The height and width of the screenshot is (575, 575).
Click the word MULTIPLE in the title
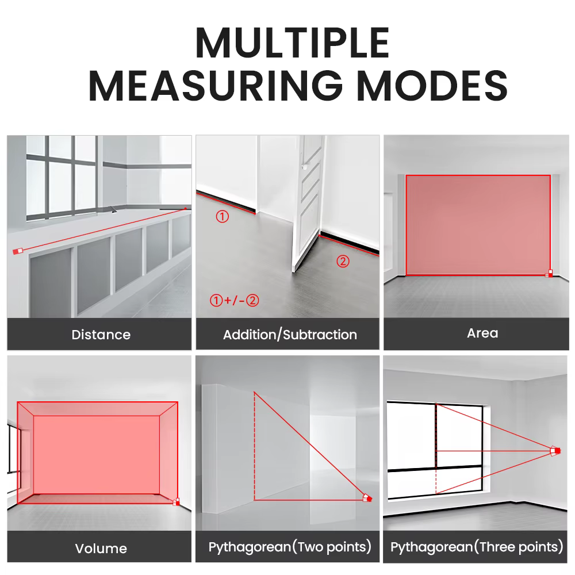click(x=292, y=43)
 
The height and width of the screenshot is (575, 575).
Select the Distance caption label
click(x=101, y=335)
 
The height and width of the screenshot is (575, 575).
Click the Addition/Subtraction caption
click(x=290, y=335)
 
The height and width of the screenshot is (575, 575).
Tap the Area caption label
click(x=482, y=333)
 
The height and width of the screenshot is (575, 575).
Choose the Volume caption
click(x=101, y=548)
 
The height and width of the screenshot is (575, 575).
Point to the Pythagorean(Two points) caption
click(x=290, y=547)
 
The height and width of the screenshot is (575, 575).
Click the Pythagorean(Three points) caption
click(x=476, y=547)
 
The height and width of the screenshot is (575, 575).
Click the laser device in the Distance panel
click(x=18, y=251)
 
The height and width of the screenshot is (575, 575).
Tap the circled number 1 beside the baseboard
click(x=222, y=216)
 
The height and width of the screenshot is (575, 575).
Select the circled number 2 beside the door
click(x=343, y=261)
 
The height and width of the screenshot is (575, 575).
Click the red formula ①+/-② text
click(x=235, y=300)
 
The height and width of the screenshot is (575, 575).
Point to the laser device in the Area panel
click(x=549, y=273)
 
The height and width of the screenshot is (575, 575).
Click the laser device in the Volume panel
click(x=177, y=501)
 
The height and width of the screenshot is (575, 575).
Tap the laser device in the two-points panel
click(x=367, y=498)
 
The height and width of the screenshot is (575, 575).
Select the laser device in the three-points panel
click(x=555, y=451)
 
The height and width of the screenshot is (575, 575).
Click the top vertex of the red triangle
click(x=254, y=392)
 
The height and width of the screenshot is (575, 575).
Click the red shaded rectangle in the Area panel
click(x=478, y=225)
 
